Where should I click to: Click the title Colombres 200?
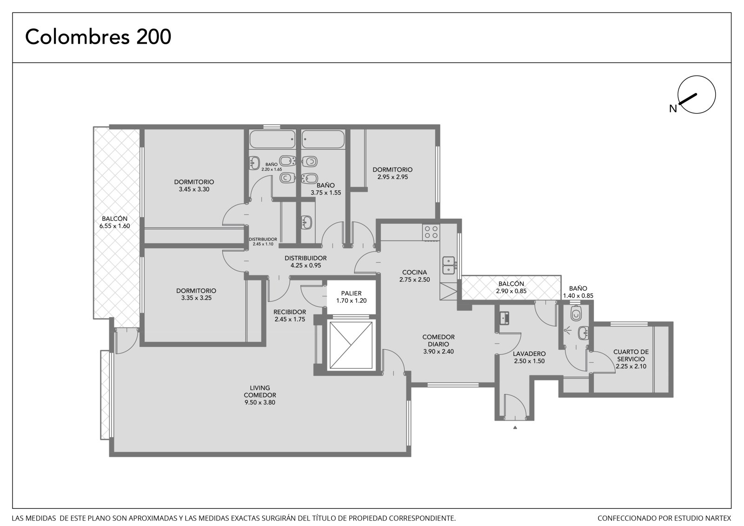coord(98,37)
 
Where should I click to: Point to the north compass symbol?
coord(696,95)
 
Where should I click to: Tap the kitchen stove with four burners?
coord(431,232)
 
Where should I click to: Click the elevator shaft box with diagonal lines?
coord(351,345)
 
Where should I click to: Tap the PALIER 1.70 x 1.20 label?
coord(351,297)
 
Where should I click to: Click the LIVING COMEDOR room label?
coord(260,395)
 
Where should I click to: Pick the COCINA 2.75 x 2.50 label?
coord(414,276)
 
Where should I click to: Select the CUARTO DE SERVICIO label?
coord(631,359)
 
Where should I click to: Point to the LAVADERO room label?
coord(529,358)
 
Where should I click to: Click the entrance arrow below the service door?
coord(515,428)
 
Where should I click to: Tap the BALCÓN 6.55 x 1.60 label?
coord(114,222)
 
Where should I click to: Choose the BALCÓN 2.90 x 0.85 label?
coord(511,287)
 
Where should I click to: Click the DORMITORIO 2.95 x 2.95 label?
coord(392,173)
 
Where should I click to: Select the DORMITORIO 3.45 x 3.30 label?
coord(194,186)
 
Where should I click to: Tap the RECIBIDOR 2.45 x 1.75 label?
coord(290,316)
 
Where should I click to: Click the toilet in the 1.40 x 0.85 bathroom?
coord(576,313)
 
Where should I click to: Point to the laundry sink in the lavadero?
coord(505,318)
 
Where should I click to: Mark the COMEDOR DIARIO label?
coord(438,344)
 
